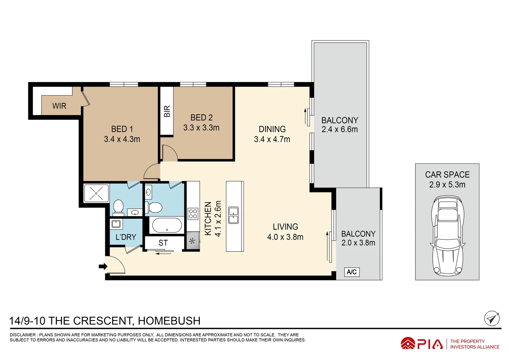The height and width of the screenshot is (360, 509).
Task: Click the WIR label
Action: click(x=59, y=106)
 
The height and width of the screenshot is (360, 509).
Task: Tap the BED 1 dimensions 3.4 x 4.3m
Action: click(x=122, y=139)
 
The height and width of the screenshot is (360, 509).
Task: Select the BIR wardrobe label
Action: click(x=167, y=111)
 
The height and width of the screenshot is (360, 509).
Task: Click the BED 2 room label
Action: click(x=202, y=118)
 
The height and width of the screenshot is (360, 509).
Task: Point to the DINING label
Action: click(x=272, y=129)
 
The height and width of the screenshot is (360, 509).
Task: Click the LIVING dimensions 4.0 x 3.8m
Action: click(x=285, y=237)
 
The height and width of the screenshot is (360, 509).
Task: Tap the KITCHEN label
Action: click(x=208, y=219)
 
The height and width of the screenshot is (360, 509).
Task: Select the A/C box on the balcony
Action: click(x=352, y=272)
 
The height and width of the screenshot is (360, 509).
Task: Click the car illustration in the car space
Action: click(x=447, y=235)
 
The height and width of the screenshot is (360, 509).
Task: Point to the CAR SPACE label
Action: click(x=447, y=175)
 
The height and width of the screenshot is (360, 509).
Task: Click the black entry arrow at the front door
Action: click(x=103, y=266)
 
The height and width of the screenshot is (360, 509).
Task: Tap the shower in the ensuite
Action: click(x=96, y=193)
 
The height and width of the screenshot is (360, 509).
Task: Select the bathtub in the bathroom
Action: click(x=167, y=225)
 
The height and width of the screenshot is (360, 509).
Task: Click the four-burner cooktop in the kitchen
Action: click(x=193, y=214)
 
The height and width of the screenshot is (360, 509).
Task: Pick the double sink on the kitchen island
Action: click(x=233, y=215)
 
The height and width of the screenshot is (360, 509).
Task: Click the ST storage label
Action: click(x=163, y=243)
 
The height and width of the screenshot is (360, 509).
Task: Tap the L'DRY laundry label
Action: click(x=126, y=237)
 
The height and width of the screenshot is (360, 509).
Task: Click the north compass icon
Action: click(x=491, y=319)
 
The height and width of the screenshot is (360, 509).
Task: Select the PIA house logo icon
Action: click(x=408, y=343)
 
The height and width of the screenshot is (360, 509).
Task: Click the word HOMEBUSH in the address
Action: click(x=169, y=321)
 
